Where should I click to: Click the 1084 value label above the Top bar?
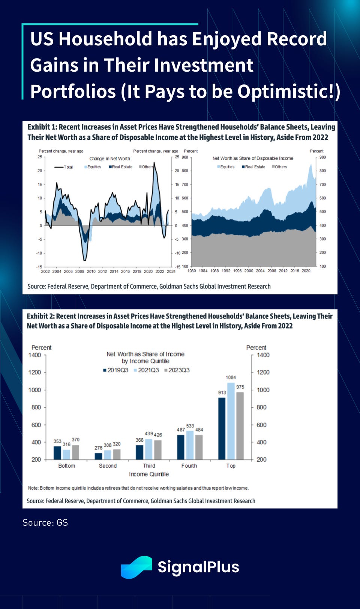coord(231,377)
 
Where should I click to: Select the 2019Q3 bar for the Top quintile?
coord(222,428)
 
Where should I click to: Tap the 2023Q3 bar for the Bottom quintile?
coord(76,452)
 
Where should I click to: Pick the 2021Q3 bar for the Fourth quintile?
coord(190,445)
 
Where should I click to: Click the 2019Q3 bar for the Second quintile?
coord(98,456)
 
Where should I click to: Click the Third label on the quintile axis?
coord(149,466)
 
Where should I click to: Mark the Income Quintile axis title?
coord(149,474)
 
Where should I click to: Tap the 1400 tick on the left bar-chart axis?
coord(35,355)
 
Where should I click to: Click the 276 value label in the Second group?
coord(98,448)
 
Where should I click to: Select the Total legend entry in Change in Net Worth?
coord(64,167)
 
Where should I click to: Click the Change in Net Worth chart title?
coord(109,159)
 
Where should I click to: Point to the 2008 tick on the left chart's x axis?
coord(80,271)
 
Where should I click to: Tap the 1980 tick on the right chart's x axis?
coord(192,271)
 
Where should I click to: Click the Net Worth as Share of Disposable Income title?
coord(253,158)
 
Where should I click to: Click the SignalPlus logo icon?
coord(136,567)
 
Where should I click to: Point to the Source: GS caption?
coord(45,522)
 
